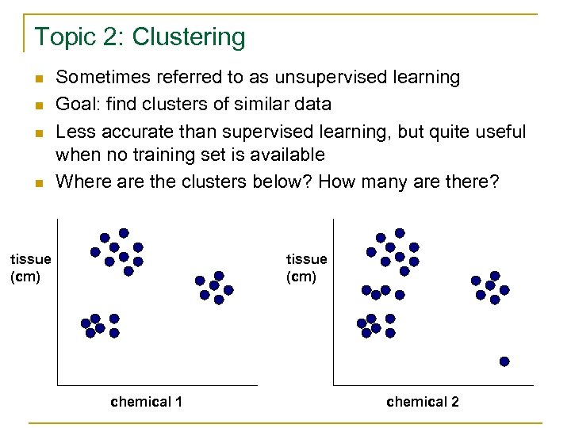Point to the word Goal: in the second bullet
76,104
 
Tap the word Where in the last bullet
82,182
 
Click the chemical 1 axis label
147,402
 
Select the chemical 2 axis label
423,402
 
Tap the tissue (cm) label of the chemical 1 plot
30,267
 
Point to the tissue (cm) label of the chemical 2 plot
306,267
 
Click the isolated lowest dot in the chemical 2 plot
504,361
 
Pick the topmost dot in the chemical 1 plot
124,233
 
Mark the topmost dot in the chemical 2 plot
400,233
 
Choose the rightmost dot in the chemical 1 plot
228,290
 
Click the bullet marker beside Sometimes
38,78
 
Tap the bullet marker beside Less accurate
38,131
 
